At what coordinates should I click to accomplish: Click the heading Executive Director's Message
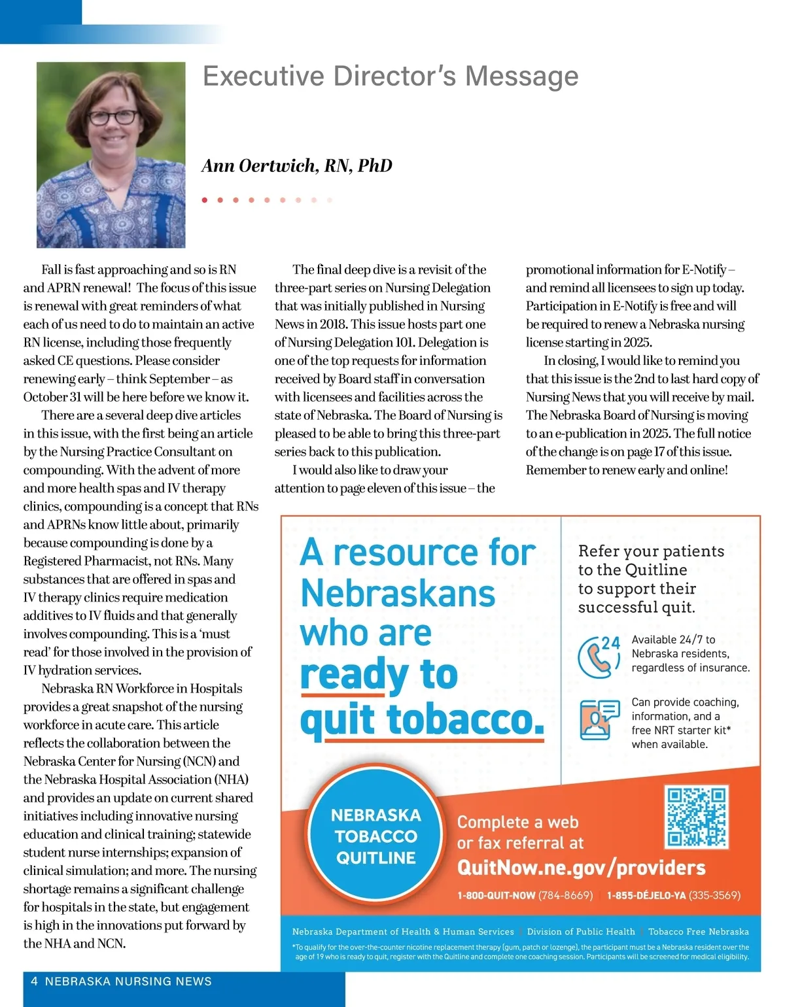pos(391,77)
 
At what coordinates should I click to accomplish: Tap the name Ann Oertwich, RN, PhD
pos(297,166)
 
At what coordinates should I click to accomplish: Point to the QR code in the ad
pos(696,817)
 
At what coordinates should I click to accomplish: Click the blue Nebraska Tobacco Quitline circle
pos(375,836)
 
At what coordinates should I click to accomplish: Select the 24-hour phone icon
pos(598,656)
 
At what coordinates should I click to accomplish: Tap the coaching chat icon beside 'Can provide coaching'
pos(599,719)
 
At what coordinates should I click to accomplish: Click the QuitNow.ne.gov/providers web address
pos(581,868)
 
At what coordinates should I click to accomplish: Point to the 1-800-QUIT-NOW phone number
pos(525,895)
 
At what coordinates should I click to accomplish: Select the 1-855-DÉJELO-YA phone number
pos(673,895)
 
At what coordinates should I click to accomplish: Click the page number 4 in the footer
pos(34,981)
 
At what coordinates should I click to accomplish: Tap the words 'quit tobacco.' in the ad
pos(422,719)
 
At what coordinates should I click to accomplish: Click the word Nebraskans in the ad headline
pos(398,594)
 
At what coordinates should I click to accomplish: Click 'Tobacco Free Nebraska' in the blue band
pos(698,932)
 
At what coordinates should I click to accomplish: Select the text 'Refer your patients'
pos(651,551)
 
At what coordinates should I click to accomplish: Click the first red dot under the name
pos(205,200)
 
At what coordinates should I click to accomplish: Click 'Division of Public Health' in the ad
pos(581,932)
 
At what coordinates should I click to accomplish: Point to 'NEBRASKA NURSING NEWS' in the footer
pos(128,981)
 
